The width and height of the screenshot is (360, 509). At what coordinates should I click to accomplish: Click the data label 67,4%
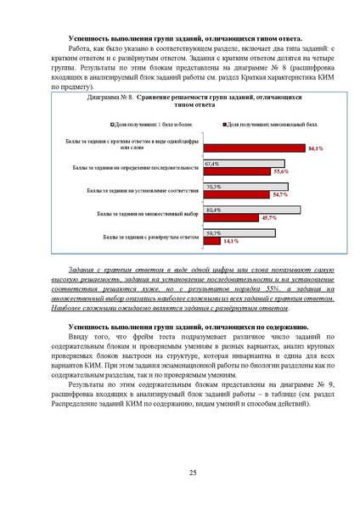(x=212, y=164)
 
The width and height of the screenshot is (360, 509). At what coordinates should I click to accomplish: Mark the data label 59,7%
(x=213, y=232)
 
